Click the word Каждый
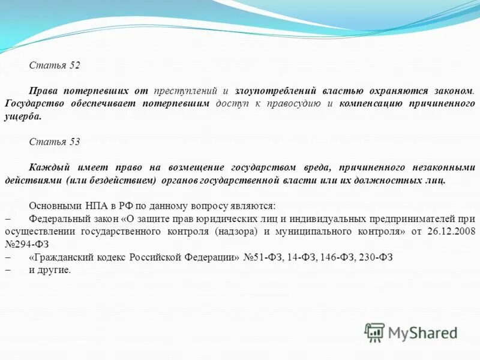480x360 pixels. click(x=47, y=167)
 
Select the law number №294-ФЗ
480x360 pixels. click(x=26, y=244)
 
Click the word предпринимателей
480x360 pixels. click(x=425, y=218)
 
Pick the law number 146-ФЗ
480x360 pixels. click(x=337, y=257)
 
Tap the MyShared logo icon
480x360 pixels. click(x=375, y=332)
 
